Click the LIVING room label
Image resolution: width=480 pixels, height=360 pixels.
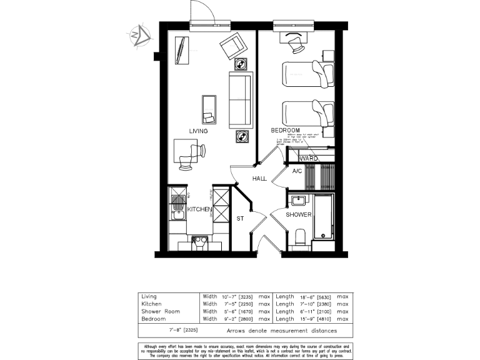point(199,131)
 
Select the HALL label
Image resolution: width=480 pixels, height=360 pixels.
point(259,179)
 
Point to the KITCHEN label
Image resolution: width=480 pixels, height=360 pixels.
point(199,209)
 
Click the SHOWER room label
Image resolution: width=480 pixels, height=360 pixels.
point(299,214)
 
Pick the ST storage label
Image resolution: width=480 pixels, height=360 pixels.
point(240,219)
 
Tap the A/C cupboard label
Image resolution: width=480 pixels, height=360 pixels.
point(297,171)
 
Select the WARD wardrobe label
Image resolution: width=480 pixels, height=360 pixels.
point(309,159)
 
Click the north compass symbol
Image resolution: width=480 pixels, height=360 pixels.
point(139,36)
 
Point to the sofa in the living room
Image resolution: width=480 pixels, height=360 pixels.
point(241,100)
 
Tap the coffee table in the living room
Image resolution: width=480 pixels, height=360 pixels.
point(209,109)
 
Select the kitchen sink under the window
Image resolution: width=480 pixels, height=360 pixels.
point(199,241)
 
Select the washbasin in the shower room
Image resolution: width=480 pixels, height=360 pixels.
point(298,201)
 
